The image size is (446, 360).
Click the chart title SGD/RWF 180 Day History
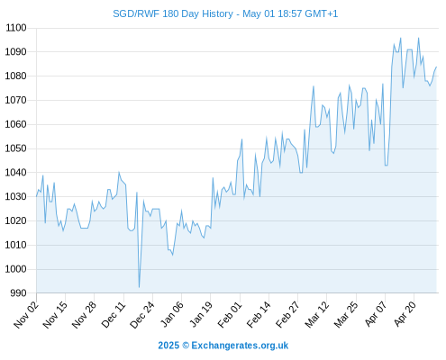[x=173, y=13]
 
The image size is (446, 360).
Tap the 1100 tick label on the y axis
[x=16, y=28]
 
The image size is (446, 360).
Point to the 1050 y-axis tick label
[x=16, y=148]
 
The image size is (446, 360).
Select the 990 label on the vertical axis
[x=19, y=293]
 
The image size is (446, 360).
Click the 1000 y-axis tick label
[x=16, y=269]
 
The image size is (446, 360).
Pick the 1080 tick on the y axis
[x=16, y=76]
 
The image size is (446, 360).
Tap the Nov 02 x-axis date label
[x=26, y=314]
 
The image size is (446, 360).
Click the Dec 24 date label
[x=142, y=314]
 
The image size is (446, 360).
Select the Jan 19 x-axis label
[x=201, y=314]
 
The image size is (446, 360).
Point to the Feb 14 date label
[x=259, y=314]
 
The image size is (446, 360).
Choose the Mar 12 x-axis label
[x=317, y=314]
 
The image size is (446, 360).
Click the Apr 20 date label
[x=405, y=313]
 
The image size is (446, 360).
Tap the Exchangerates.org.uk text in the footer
[x=240, y=346]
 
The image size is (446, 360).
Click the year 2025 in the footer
[x=168, y=346]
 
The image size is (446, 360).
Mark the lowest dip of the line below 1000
[x=139, y=287]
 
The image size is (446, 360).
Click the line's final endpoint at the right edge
[x=436, y=67]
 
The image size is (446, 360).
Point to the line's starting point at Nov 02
[x=37, y=196]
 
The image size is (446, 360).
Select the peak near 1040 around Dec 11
[x=119, y=172]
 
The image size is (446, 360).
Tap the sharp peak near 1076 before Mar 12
[x=314, y=86]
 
